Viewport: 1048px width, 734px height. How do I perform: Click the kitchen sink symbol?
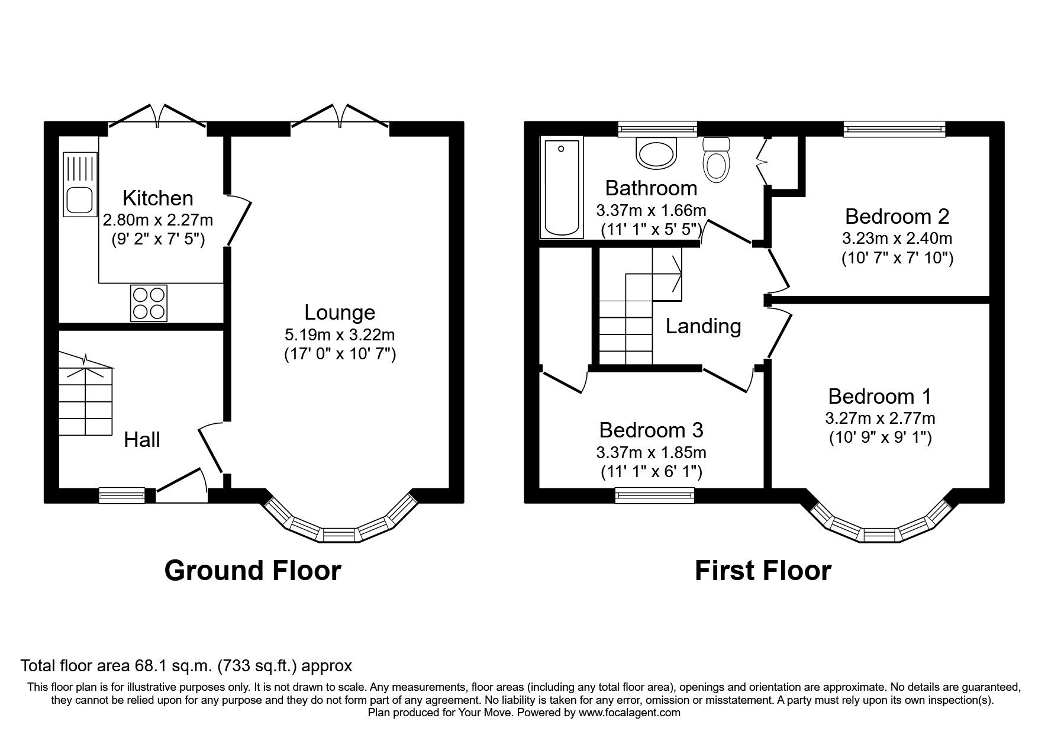(80, 183)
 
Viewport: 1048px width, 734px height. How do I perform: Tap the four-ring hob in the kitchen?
(149, 302)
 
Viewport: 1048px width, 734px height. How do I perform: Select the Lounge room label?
(340, 313)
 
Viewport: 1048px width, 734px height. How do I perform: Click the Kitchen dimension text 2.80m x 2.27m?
(158, 220)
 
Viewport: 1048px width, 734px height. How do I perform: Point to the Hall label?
(142, 440)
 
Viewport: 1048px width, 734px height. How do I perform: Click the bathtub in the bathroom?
(562, 188)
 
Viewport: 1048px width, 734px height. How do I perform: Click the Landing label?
(703, 326)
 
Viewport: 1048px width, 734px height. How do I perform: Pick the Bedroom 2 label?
(897, 217)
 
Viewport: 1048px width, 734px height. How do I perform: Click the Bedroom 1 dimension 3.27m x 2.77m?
(880, 418)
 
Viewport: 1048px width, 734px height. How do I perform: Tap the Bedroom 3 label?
(651, 430)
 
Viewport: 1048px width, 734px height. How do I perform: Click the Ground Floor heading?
(253, 571)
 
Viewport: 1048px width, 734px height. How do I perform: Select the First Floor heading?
(763, 571)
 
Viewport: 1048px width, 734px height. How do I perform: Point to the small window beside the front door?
(122, 495)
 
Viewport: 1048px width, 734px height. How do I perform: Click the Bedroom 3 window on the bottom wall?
(654, 495)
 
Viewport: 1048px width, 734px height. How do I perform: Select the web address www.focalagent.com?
(630, 713)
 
